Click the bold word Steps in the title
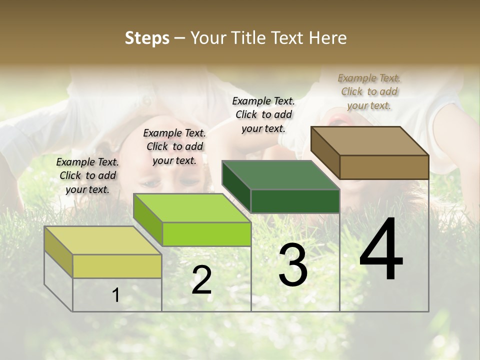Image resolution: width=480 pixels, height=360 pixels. [147, 38]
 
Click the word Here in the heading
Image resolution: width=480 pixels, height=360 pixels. [328, 38]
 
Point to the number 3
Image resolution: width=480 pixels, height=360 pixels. [293, 265]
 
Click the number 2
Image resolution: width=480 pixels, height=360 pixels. [201, 280]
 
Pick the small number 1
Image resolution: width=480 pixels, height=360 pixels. [116, 295]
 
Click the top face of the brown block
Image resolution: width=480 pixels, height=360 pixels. [369, 141]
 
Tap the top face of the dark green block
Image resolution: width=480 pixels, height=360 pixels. [280, 175]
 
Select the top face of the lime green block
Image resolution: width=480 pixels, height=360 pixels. [191, 208]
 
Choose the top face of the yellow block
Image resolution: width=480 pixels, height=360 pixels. [102, 240]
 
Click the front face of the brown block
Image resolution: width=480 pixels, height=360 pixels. [384, 167]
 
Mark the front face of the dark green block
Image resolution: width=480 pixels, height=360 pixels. [295, 201]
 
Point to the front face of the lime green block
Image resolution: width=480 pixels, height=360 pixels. [206, 234]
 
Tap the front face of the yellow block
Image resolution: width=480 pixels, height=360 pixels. [117, 266]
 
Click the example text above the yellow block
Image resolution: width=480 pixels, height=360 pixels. [87, 175]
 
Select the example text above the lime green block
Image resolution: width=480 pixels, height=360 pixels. [174, 146]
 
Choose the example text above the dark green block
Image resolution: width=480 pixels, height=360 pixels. [263, 114]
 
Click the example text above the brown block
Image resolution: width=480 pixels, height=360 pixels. [369, 91]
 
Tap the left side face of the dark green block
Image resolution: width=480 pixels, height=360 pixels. [236, 186]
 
